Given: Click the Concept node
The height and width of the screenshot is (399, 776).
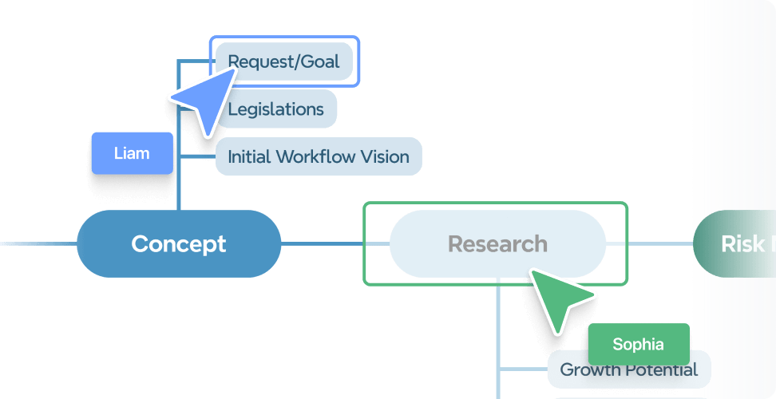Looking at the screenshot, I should pyautogui.click(x=179, y=243).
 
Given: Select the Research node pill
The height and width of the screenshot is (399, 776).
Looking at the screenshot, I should pyautogui.click(x=497, y=243).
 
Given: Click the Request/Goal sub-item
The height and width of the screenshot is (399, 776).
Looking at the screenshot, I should pyautogui.click(x=283, y=61).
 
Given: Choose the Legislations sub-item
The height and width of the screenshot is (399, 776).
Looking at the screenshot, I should pyautogui.click(x=275, y=109).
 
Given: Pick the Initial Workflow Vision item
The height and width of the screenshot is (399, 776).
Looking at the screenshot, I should pyautogui.click(x=319, y=156).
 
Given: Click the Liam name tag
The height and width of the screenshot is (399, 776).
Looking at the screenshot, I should pyautogui.click(x=132, y=153).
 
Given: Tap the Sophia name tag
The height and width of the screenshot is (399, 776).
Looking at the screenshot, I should pyautogui.click(x=638, y=345).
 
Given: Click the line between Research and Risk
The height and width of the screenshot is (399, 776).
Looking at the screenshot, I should pyautogui.click(x=659, y=243).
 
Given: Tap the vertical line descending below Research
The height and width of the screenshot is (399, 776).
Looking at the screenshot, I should pyautogui.click(x=499, y=335).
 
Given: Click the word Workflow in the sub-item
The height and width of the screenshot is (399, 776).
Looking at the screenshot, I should pyautogui.click(x=310, y=156).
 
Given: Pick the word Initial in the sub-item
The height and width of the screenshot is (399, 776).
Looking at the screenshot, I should pyautogui.click(x=249, y=156).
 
